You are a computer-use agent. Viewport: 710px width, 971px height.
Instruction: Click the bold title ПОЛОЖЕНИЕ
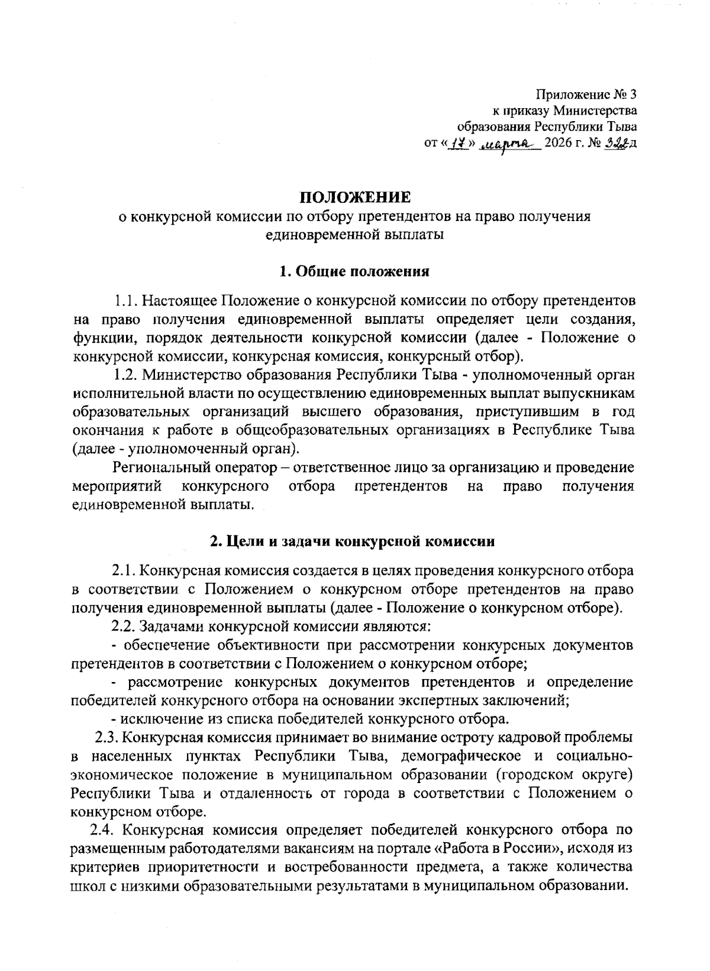(354, 197)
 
